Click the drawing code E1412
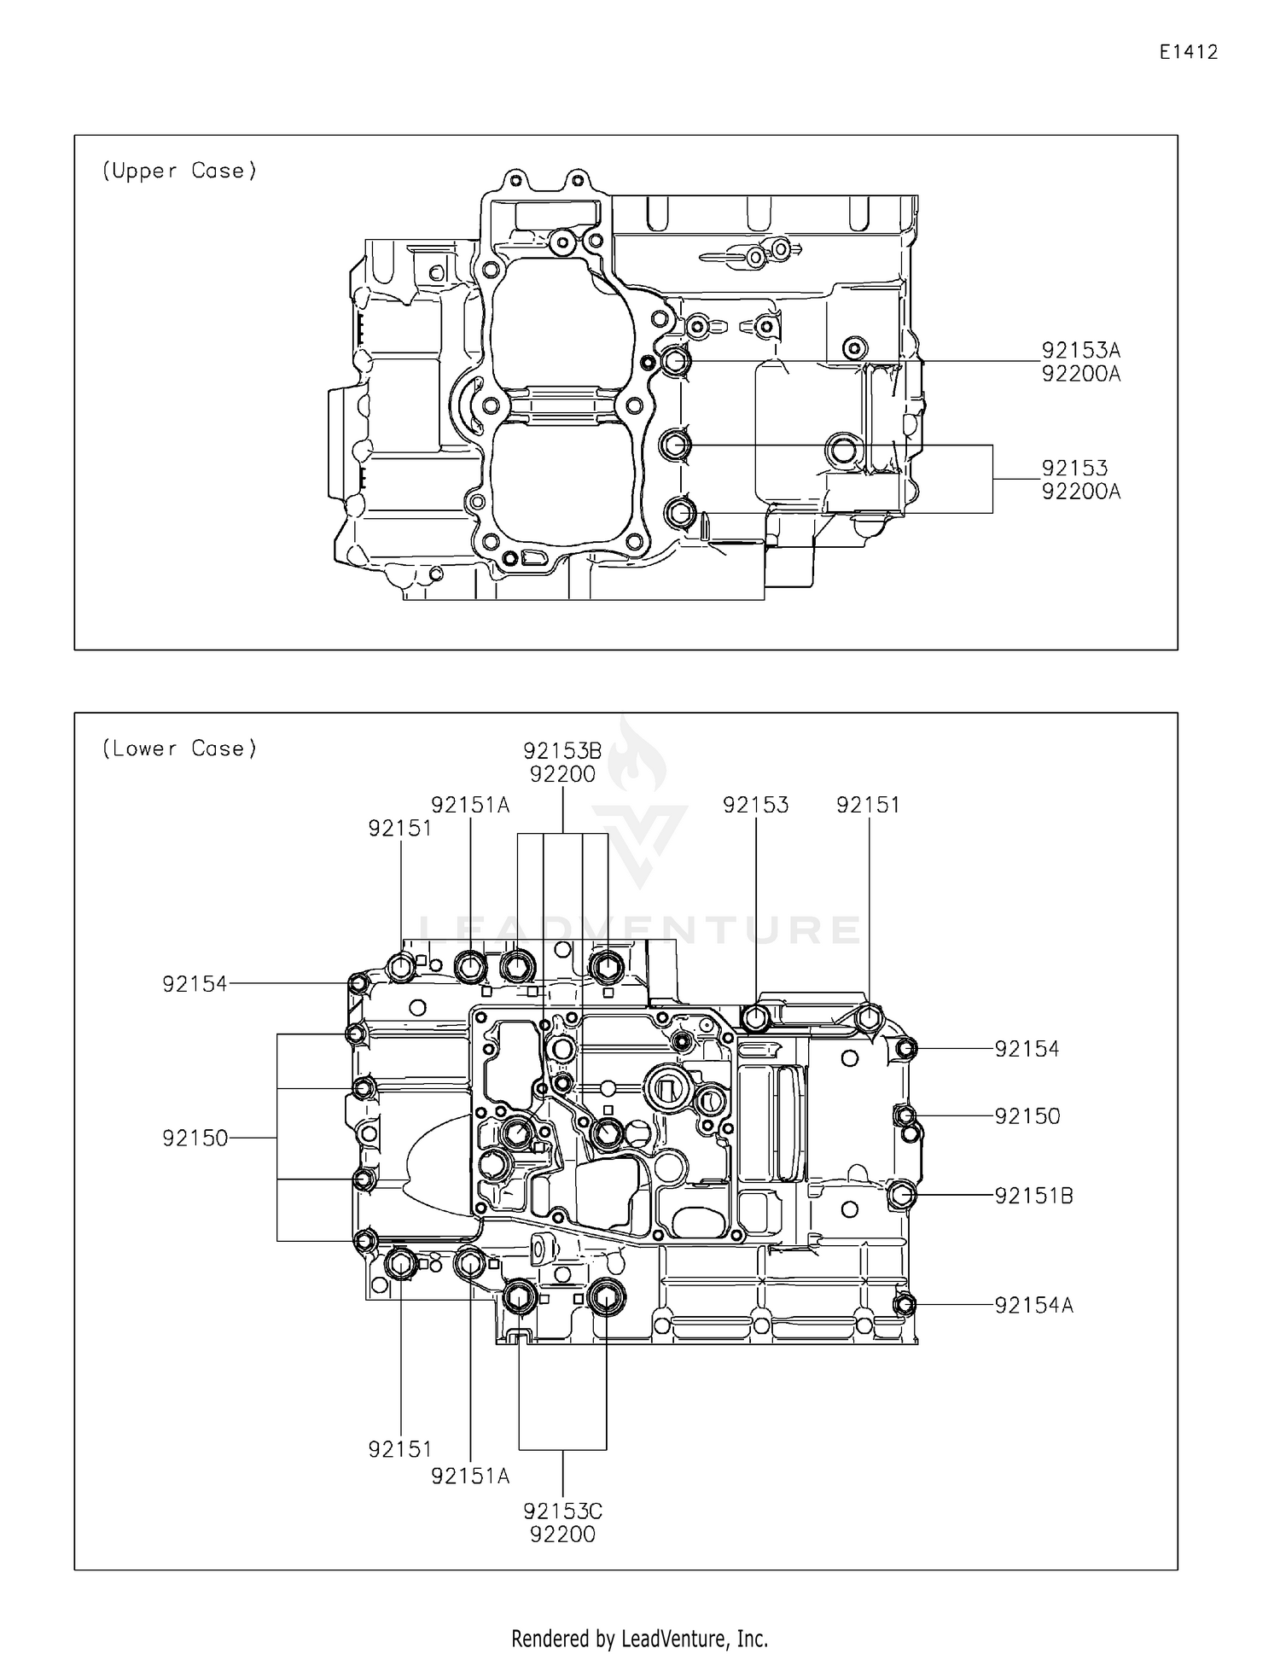pyautogui.click(x=1188, y=52)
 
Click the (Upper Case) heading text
pyautogui.click(x=179, y=171)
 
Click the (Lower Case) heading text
pyautogui.click(x=179, y=748)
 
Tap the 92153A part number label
pyautogui.click(x=1080, y=350)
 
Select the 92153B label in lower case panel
pyautogui.click(x=562, y=751)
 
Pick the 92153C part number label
pyautogui.click(x=562, y=1511)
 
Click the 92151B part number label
pyautogui.click(x=1033, y=1196)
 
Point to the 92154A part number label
pyautogui.click(x=1033, y=1305)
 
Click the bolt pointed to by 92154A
pyautogui.click(x=905, y=1304)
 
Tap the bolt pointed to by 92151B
pyautogui.click(x=902, y=1195)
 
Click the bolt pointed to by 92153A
pyautogui.click(x=676, y=361)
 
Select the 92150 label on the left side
pyautogui.click(x=195, y=1138)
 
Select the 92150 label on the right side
pyautogui.click(x=1027, y=1116)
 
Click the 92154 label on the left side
pyautogui.click(x=195, y=984)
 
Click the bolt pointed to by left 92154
pyautogui.click(x=358, y=984)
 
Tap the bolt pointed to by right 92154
pyautogui.click(x=907, y=1048)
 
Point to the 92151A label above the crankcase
pyautogui.click(x=470, y=805)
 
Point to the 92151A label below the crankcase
pyautogui.click(x=470, y=1476)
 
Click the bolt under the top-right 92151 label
pyautogui.click(x=868, y=1017)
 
